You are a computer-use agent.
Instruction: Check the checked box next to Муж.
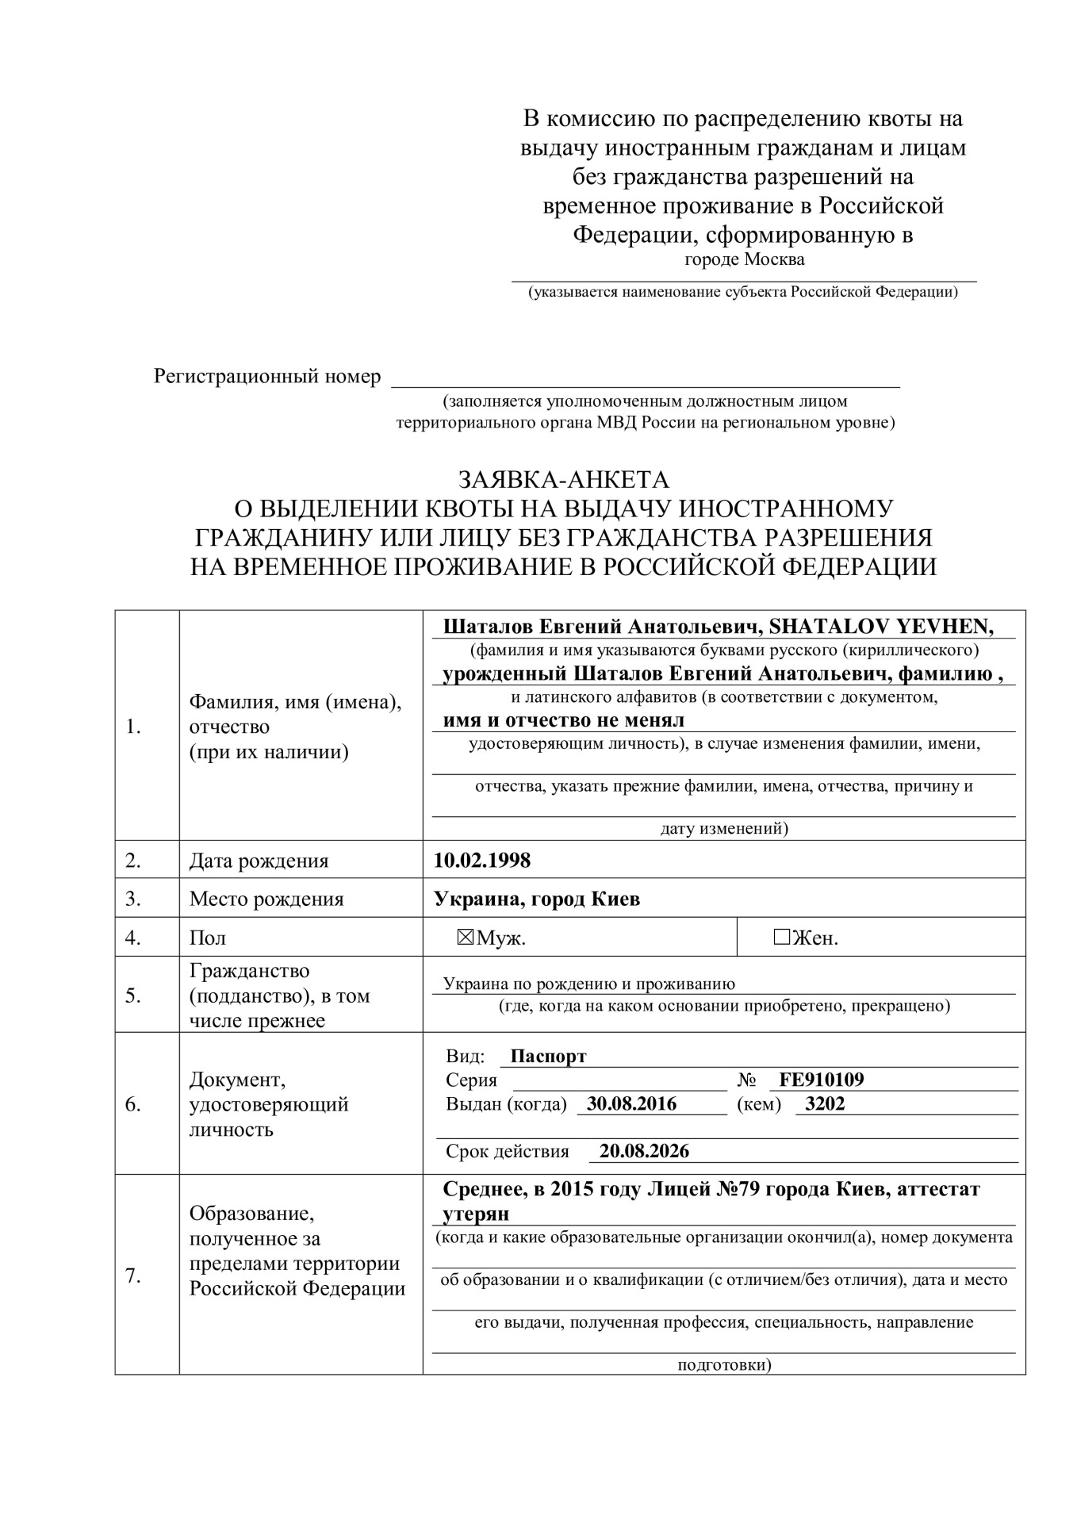466,938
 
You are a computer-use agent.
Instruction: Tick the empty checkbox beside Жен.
782,938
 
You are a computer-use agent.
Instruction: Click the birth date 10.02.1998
482,860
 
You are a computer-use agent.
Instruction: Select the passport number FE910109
822,1080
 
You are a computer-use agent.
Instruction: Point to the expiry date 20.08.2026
644,1151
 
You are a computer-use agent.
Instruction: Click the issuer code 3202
825,1103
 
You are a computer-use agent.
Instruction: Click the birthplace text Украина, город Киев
537,899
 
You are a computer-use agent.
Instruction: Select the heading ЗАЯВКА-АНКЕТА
563,480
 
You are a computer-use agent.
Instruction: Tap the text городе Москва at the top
744,259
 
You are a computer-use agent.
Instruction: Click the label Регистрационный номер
267,376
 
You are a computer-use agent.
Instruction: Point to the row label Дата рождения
259,861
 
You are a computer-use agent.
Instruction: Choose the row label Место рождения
266,899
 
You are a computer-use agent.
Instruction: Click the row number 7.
133,1276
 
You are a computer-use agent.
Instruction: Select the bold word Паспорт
548,1057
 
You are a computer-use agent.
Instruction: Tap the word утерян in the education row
476,1214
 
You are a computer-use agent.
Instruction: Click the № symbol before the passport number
747,1080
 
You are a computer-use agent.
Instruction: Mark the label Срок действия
508,1151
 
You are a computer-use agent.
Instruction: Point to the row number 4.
133,938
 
